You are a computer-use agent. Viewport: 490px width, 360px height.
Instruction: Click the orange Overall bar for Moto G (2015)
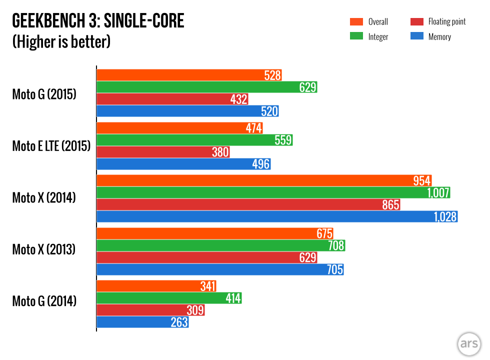(180, 75)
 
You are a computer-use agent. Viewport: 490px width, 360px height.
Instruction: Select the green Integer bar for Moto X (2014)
(260, 192)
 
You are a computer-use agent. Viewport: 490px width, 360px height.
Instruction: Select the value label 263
(179, 322)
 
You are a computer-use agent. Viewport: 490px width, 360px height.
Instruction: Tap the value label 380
(220, 152)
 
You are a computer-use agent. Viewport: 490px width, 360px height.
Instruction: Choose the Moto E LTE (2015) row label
(51, 146)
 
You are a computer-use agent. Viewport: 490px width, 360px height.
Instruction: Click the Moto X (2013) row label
(44, 249)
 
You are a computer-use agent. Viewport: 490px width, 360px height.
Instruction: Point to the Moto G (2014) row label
(44, 301)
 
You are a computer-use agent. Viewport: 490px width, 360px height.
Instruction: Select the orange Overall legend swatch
(356, 22)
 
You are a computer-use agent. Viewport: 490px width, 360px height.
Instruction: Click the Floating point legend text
(446, 22)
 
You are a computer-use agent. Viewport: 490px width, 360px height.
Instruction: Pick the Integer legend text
(378, 36)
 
